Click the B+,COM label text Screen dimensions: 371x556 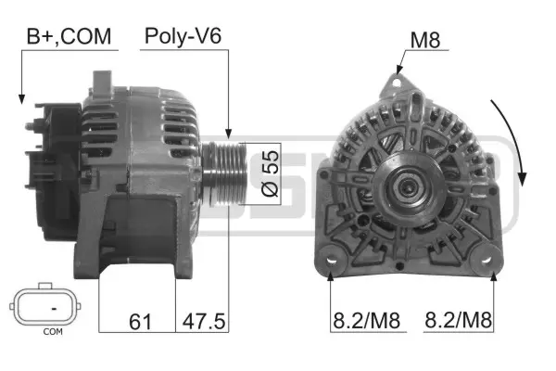pyautogui.click(x=69, y=36)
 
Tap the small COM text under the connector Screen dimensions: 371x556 pyautogui.click(x=53, y=331)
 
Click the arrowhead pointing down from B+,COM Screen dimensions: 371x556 pyautogui.click(x=20, y=97)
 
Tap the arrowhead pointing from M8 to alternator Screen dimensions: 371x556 pyautogui.click(x=398, y=69)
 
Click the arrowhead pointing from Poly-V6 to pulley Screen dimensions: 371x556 pyautogui.click(x=229, y=134)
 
